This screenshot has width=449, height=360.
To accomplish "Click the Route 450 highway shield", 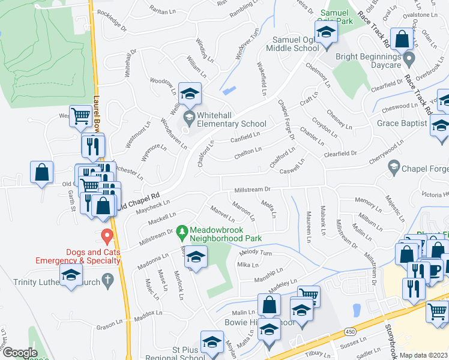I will point(349,331).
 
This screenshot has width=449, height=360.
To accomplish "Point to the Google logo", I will point(20,352).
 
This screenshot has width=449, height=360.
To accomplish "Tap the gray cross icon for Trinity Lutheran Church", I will point(107,279).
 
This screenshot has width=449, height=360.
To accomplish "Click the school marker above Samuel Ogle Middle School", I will point(325,32).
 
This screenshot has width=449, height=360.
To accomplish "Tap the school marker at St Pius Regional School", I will point(211,342).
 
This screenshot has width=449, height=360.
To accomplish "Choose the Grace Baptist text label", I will point(402,124).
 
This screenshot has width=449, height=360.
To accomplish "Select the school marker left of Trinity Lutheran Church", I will point(71,276).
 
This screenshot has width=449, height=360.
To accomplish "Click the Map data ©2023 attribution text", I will point(423,355).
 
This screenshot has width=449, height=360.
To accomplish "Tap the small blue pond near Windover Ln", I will point(229,91).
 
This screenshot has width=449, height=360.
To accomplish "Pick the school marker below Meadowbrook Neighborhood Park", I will point(195,258).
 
